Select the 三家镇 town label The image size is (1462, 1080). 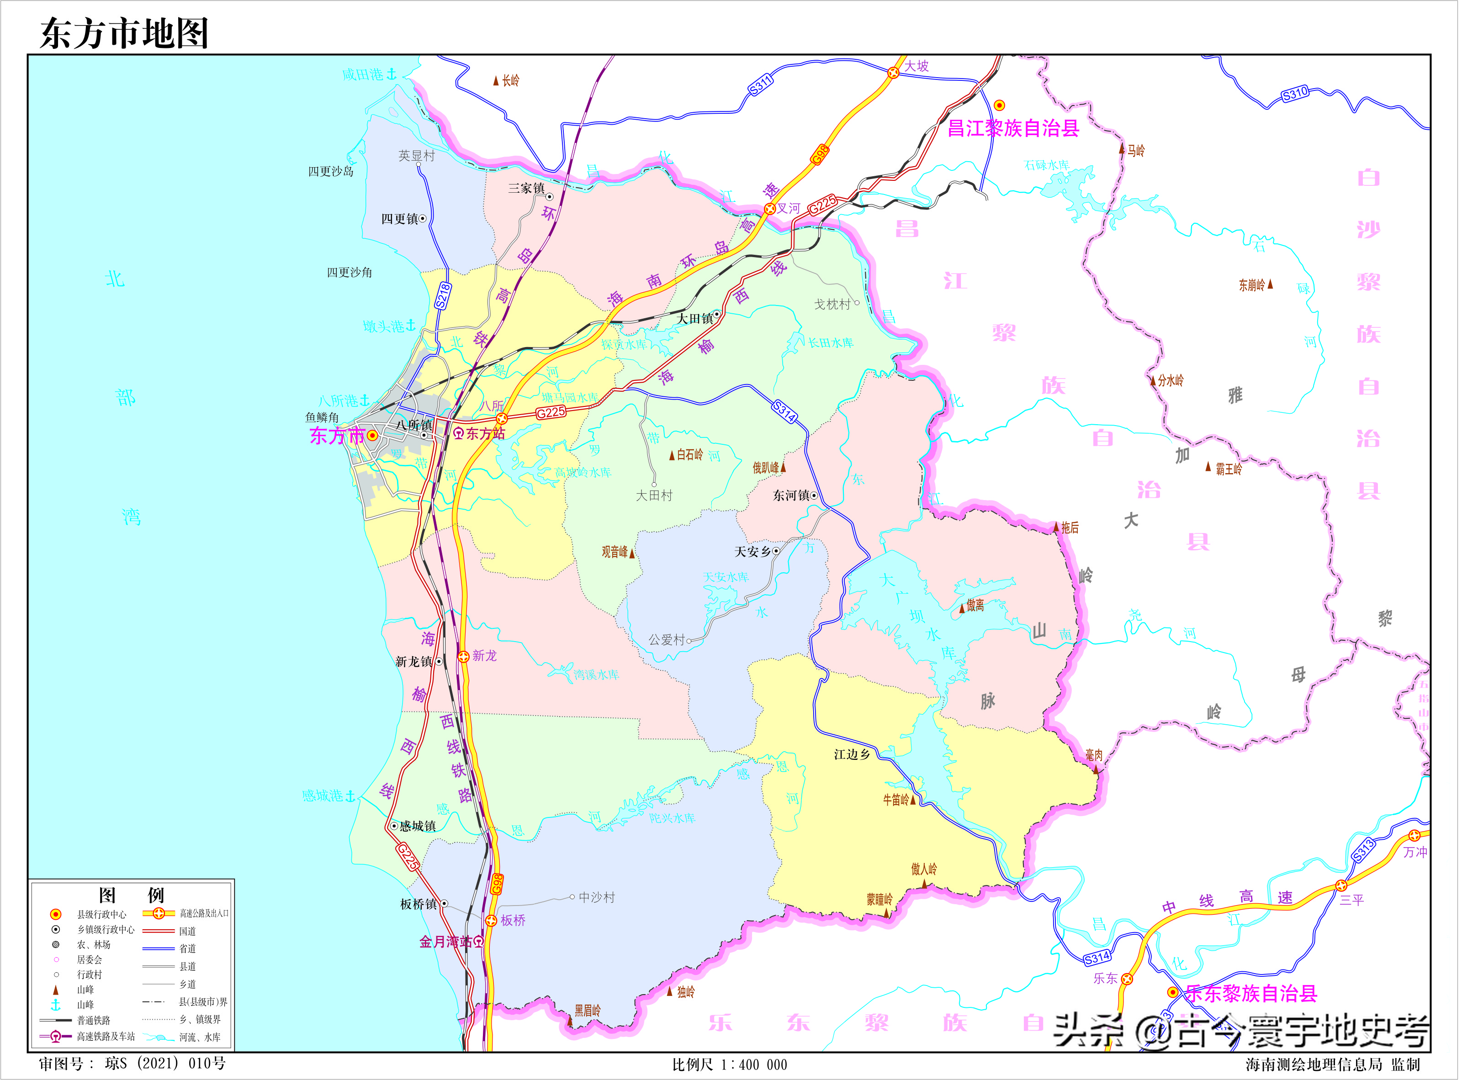tap(527, 188)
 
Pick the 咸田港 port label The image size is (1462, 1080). tap(364, 74)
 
